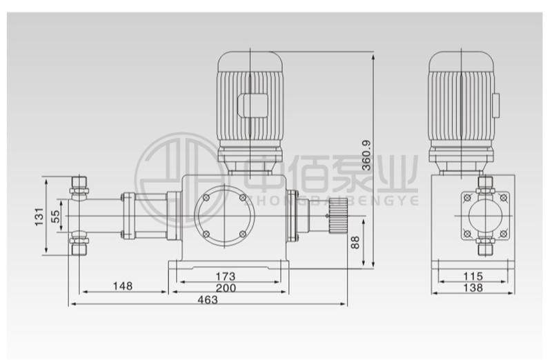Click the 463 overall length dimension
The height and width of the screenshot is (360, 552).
pyautogui.click(x=208, y=300)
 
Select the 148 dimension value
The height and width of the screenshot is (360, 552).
pyautogui.click(x=123, y=286)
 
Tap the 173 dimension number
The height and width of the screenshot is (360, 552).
pyautogui.click(x=226, y=277)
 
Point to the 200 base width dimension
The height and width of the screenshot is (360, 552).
pyautogui.click(x=226, y=288)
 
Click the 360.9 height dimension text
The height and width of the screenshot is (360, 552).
pyautogui.click(x=366, y=155)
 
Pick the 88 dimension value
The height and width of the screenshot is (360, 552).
pyautogui.click(x=356, y=243)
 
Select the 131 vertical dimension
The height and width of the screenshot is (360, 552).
pyautogui.click(x=39, y=217)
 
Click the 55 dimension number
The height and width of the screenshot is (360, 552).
pyautogui.click(x=56, y=217)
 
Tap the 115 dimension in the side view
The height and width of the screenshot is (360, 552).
pyautogui.click(x=473, y=277)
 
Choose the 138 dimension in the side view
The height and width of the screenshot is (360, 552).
pyautogui.click(x=473, y=288)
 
